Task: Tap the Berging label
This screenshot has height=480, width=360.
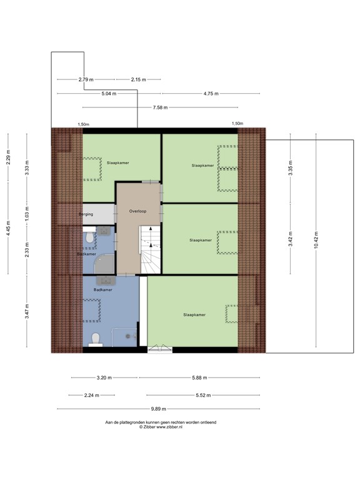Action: (x=86, y=214)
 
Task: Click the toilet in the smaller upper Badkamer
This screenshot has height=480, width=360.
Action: (x=90, y=238)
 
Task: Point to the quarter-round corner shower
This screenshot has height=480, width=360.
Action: (x=104, y=266)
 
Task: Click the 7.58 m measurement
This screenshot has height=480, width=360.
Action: (x=161, y=107)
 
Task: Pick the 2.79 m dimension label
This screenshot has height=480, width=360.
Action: (x=86, y=79)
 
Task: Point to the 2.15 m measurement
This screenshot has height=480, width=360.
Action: (x=139, y=79)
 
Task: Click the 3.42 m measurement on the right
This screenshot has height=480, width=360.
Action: (x=291, y=241)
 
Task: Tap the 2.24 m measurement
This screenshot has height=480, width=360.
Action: (x=92, y=395)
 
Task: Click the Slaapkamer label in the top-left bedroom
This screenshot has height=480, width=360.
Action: (x=117, y=162)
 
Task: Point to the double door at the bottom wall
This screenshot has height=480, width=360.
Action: (x=159, y=350)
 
